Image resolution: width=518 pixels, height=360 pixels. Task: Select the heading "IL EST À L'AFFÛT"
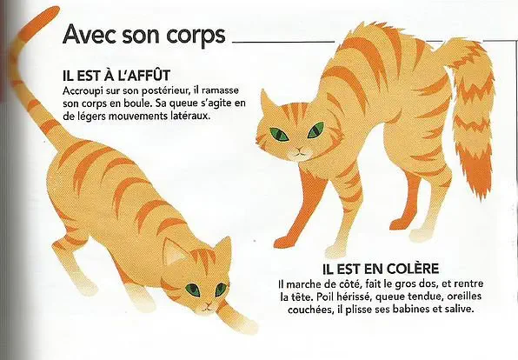point(116,76)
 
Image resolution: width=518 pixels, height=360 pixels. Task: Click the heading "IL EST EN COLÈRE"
point(381,269)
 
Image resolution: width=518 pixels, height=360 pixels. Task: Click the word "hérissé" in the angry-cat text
point(354,297)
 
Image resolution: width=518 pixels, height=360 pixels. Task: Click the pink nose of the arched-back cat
point(299,150)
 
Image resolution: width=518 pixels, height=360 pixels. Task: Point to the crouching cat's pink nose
point(208,304)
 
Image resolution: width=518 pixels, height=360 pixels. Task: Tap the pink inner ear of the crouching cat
point(174,252)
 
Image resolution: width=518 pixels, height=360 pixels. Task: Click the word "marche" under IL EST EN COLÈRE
point(301,284)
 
